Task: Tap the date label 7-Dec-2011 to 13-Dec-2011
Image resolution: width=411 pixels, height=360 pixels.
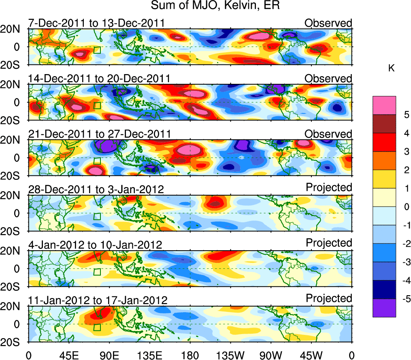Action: pyautogui.click(x=96, y=23)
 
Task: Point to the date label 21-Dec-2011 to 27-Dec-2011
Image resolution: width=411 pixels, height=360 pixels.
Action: pyautogui.click(x=99, y=134)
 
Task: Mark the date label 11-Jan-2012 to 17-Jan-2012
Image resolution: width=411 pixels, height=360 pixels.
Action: pyautogui.click(x=98, y=300)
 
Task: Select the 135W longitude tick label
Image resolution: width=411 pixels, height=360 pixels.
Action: pyautogui.click(x=231, y=355)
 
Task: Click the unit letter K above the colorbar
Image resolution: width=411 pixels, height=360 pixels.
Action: pyautogui.click(x=392, y=68)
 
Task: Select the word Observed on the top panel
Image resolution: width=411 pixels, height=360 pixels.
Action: pyautogui.click(x=328, y=23)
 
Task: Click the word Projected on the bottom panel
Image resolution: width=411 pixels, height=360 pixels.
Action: pyautogui.click(x=329, y=298)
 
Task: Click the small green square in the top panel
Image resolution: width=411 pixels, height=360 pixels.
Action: pyautogui.click(x=97, y=50)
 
